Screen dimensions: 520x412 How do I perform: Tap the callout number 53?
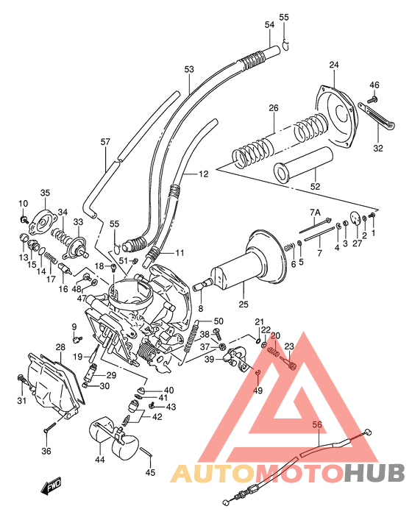(x=189, y=69)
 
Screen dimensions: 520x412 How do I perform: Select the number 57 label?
(x=104, y=142)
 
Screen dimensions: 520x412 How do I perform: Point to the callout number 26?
(x=274, y=108)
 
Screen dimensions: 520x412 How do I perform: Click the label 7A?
(x=315, y=212)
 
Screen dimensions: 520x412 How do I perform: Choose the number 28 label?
(x=60, y=346)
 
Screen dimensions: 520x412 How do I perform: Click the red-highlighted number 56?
(x=317, y=424)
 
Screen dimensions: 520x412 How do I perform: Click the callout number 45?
(x=150, y=473)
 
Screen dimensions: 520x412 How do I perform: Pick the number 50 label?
(x=219, y=321)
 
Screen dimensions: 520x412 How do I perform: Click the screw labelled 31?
(x=20, y=380)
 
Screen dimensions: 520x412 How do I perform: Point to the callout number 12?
(x=204, y=174)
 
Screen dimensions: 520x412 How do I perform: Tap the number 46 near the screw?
(x=374, y=85)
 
